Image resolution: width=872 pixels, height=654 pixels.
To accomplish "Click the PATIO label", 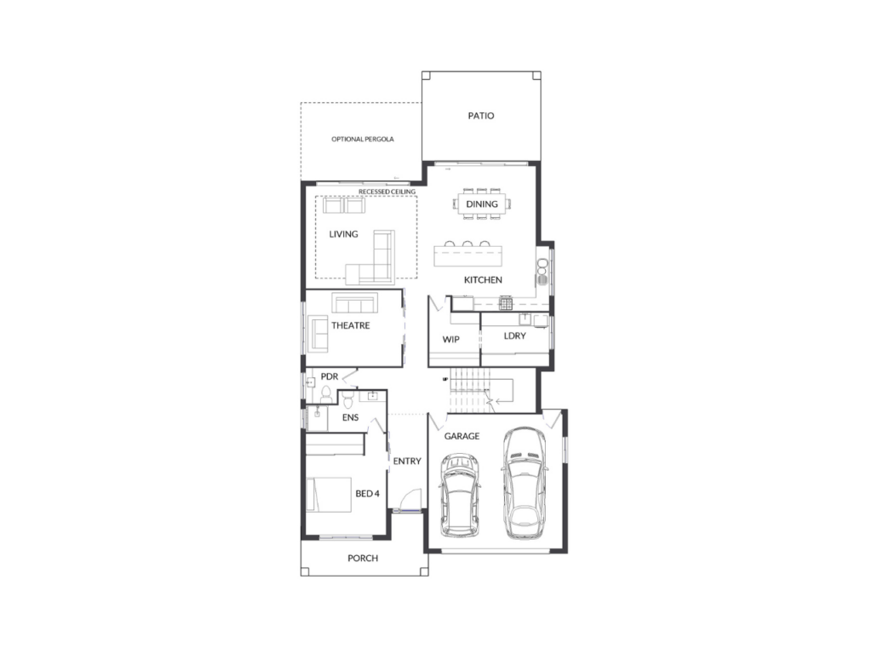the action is [481, 116].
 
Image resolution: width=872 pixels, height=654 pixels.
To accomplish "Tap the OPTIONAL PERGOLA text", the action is [363, 139].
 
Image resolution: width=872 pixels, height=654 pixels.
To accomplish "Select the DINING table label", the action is [482, 204].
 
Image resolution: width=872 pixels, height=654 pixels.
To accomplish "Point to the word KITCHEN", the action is [483, 279].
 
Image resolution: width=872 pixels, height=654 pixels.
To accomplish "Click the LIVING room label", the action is [343, 234].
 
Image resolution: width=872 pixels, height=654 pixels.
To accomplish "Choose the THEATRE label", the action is [350, 325].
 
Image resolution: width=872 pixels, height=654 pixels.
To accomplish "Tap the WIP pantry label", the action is [451, 339].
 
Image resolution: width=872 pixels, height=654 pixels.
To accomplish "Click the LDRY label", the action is [514, 336].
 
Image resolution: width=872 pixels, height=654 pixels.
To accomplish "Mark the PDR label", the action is [330, 376].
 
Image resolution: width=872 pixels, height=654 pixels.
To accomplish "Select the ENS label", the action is [350, 417].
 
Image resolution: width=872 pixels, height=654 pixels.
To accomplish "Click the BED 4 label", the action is [368, 493].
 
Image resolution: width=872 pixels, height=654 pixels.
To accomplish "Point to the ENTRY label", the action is [407, 461].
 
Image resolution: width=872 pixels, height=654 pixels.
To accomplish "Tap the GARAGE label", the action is [462, 436].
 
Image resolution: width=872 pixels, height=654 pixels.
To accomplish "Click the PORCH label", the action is [363, 558].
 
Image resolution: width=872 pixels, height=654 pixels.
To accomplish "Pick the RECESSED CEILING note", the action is [387, 192].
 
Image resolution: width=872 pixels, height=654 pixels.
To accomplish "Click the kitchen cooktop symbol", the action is [506, 303].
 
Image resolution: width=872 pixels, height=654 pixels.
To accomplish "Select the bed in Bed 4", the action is [329, 495].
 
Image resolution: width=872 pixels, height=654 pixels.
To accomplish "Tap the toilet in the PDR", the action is [326, 394].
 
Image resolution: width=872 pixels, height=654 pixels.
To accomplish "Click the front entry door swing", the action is [410, 498].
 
